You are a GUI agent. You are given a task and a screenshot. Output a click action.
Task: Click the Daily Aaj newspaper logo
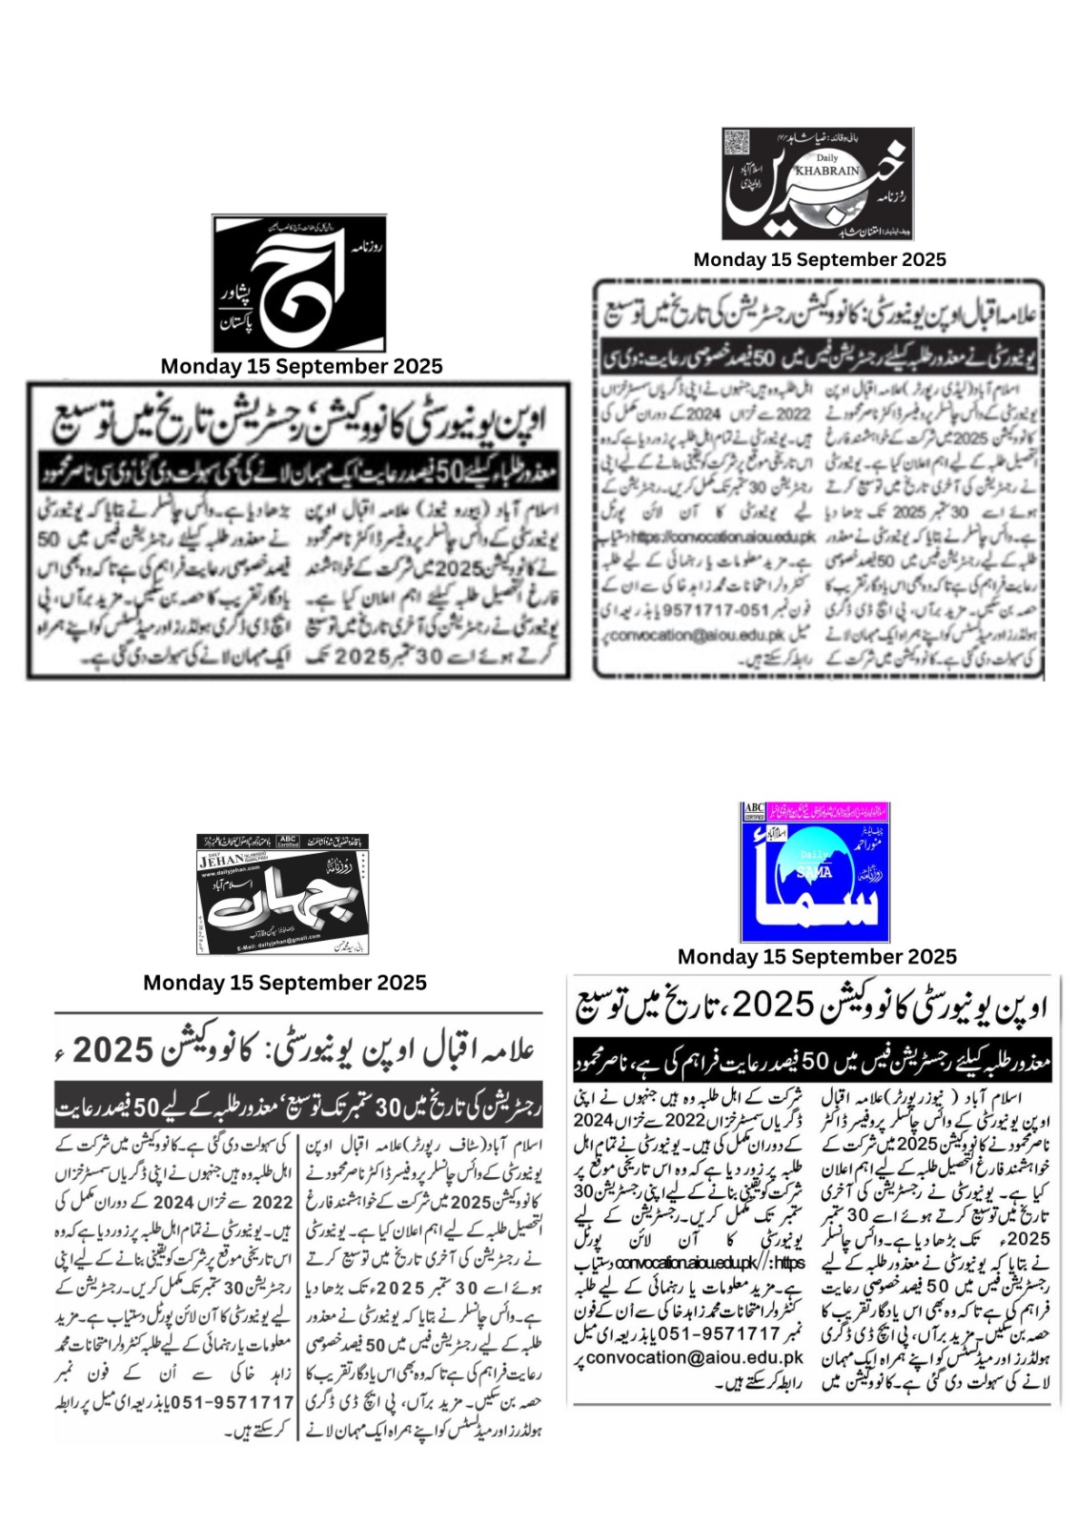pos(299,284)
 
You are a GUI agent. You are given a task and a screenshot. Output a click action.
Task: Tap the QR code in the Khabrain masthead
pos(738,144)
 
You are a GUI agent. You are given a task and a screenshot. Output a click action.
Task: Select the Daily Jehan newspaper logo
pos(282,894)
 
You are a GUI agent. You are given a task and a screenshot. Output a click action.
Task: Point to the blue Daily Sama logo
pos(814,872)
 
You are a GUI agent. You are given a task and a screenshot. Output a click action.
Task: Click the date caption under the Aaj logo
pos(301,366)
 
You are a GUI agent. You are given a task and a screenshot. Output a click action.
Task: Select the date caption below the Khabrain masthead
pos(820,259)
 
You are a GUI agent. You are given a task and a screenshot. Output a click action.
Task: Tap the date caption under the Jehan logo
pos(285,983)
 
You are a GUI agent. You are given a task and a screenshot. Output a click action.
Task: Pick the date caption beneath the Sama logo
pos(817,956)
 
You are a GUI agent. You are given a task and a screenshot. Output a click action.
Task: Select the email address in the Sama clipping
pos(696,1357)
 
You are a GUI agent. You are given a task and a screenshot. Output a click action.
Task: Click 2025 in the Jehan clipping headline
pos(113,1049)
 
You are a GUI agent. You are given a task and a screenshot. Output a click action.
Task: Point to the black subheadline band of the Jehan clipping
pos(298,1108)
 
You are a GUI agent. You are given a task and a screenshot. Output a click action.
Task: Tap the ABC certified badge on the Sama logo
pos(754,811)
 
